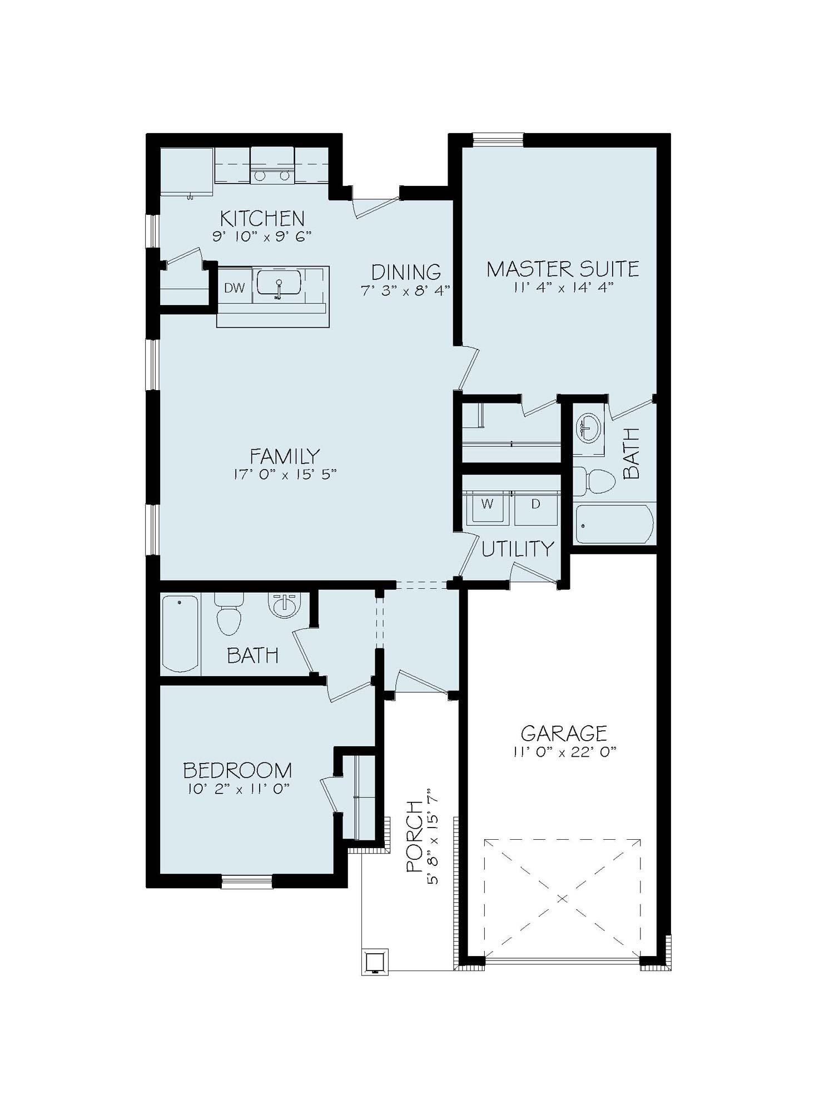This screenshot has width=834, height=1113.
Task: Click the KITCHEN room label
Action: (x=262, y=218)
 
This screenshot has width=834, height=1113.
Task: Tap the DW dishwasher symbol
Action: (x=235, y=288)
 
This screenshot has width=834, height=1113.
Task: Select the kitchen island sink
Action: (x=279, y=283)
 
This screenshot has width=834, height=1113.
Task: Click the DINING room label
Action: (x=406, y=272)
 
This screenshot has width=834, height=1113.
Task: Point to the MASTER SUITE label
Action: (x=563, y=269)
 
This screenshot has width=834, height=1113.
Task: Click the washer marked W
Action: (x=487, y=507)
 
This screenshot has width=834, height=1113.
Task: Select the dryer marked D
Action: (x=535, y=507)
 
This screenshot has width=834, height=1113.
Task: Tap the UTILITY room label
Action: (x=518, y=549)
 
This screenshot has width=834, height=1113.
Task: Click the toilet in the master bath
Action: (x=592, y=481)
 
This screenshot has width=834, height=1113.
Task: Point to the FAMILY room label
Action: (x=285, y=456)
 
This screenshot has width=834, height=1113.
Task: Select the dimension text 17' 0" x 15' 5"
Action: (x=285, y=474)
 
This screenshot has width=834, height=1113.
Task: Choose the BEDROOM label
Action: (x=237, y=771)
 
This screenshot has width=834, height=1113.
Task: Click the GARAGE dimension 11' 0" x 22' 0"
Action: (x=565, y=751)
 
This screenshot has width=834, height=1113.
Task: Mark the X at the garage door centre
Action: (x=562, y=898)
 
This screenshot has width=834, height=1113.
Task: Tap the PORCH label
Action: (x=415, y=836)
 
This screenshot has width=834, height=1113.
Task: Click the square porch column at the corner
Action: (x=376, y=962)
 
